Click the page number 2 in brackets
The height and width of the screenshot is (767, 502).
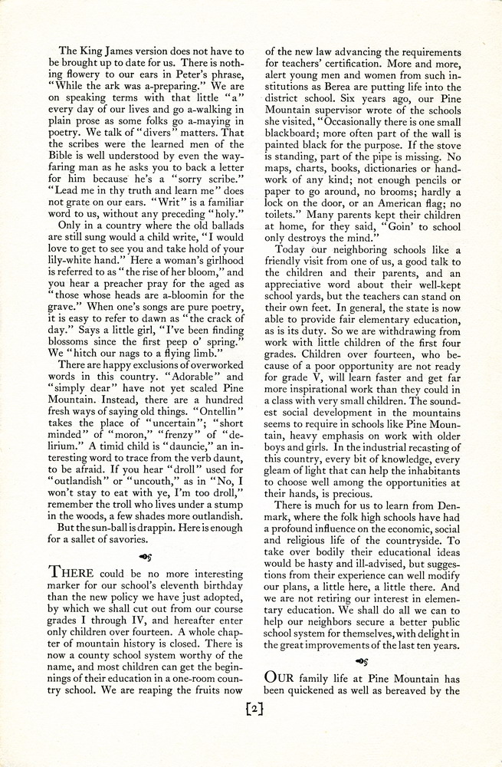click(x=251, y=711)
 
